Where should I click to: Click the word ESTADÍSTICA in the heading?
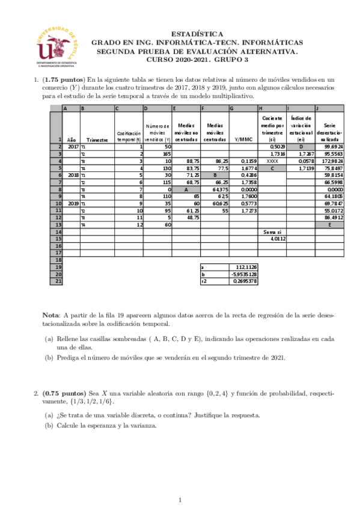point(197,35)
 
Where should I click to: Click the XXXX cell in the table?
point(272,161)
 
